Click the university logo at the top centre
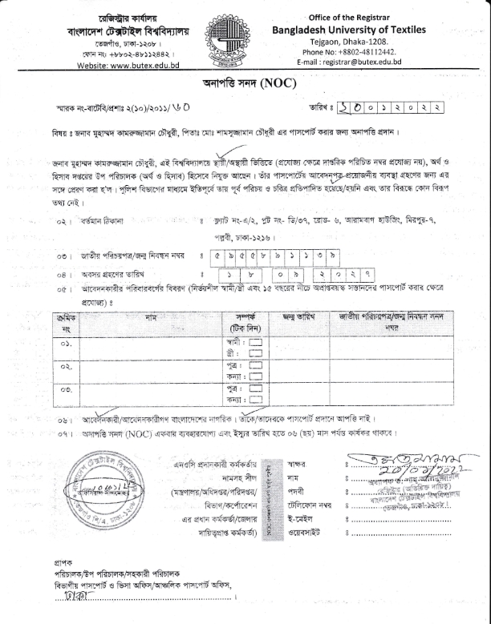245,38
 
